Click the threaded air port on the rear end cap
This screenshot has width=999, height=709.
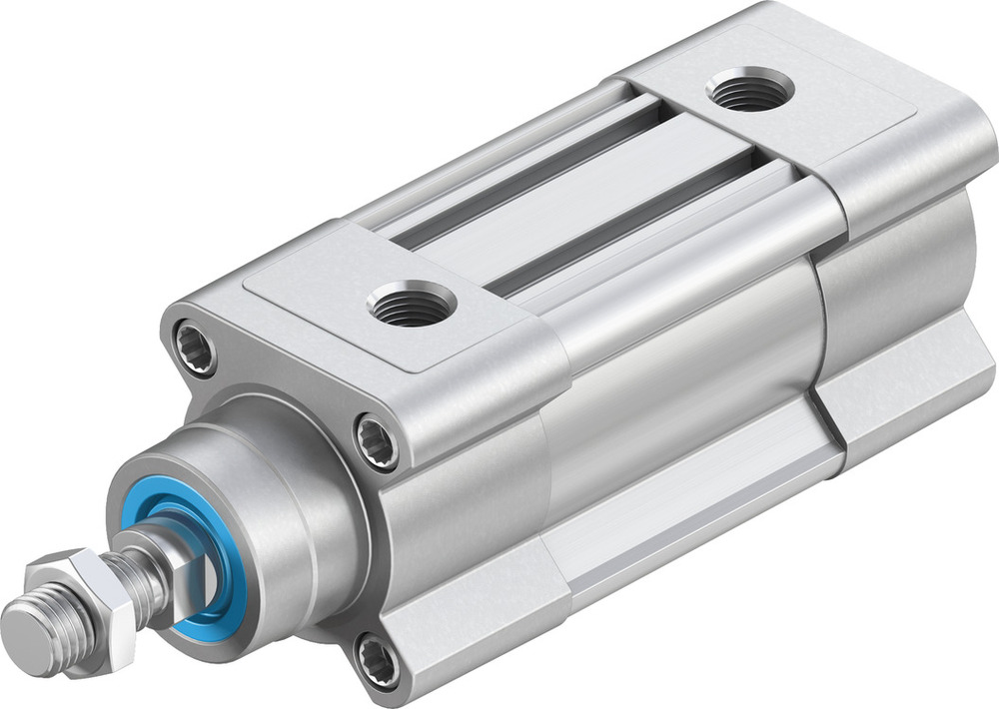point(750,90)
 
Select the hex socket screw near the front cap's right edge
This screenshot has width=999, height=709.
point(379,439)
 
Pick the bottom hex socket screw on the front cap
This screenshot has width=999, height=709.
point(380,661)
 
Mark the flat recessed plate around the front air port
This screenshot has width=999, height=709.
point(330,300)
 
